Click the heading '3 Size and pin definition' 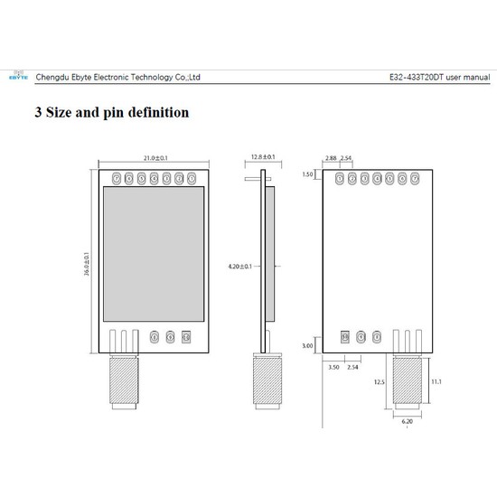tap(111, 113)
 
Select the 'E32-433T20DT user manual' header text tap(431, 77)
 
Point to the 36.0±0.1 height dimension tap(87, 266)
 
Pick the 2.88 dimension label tap(332, 159)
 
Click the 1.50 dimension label tap(308, 174)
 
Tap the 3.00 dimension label tap(308, 346)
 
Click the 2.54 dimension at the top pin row tap(347, 159)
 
